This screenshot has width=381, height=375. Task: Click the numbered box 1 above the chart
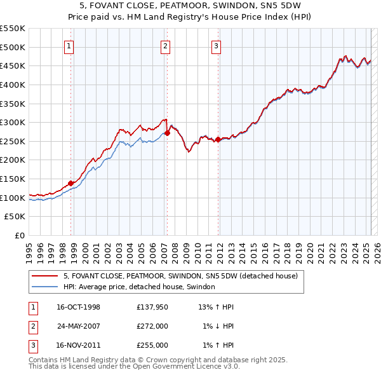68,45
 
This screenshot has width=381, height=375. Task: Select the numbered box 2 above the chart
165,45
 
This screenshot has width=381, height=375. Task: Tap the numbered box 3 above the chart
216,45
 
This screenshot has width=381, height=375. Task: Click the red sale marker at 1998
71,183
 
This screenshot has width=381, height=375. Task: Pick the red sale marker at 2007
168,133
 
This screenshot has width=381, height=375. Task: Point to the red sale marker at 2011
218,139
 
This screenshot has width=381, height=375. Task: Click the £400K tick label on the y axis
13,85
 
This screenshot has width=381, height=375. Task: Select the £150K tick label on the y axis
13,179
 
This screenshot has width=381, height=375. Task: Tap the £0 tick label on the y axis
19,236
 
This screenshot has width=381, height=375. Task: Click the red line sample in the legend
44,276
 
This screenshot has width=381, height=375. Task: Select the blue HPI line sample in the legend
44,287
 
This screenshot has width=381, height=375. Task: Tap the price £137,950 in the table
152,307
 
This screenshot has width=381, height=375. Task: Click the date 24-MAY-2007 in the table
78,326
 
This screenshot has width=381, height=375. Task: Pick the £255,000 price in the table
152,345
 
